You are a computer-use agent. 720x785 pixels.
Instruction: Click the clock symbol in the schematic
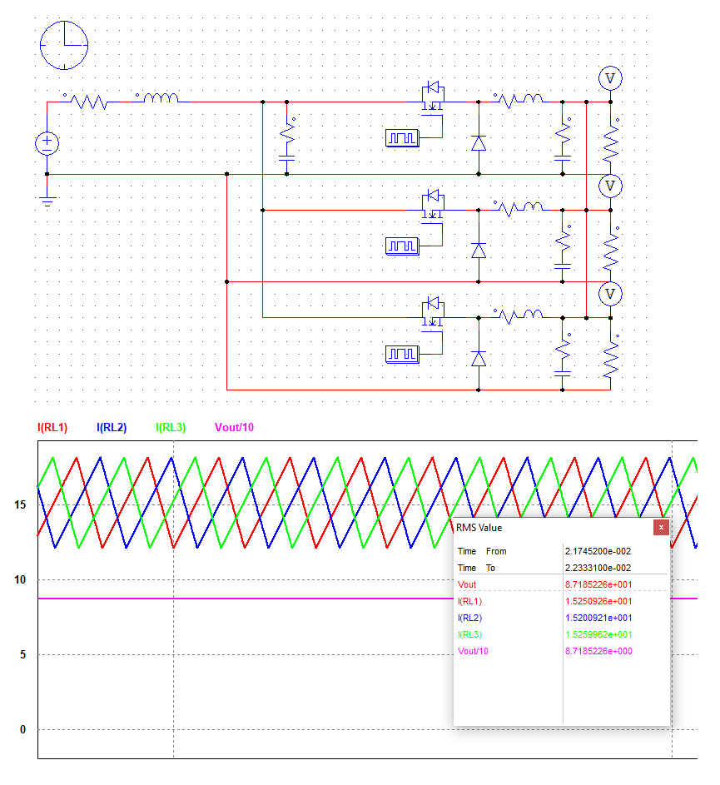tap(64, 43)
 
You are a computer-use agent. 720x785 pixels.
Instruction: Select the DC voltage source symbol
tap(47, 143)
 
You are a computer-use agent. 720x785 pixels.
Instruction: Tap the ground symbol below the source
tap(47, 200)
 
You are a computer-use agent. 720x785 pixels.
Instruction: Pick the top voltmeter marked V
tap(611, 77)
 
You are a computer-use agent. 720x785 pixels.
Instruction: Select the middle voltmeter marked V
tap(611, 185)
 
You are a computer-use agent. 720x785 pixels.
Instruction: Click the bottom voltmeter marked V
tap(611, 293)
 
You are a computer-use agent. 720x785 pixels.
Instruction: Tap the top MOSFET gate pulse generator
tap(402, 137)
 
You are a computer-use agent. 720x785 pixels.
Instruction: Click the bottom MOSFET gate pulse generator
tap(402, 355)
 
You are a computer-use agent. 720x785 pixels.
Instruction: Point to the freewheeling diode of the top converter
tap(479, 142)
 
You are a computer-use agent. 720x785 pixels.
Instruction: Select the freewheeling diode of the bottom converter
tap(479, 359)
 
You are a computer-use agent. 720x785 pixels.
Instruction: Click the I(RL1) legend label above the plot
tap(52, 428)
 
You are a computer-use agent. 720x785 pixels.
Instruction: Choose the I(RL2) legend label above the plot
tap(112, 428)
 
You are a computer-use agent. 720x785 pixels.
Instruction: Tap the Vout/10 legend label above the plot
tap(234, 428)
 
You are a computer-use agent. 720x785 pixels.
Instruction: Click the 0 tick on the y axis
tap(22, 730)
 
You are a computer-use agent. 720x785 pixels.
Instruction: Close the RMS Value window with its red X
tap(661, 527)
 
